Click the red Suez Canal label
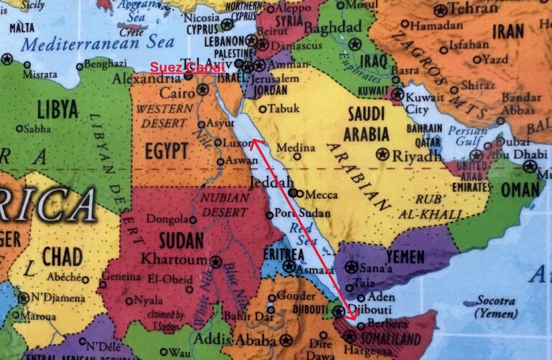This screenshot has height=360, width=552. [x=187, y=66]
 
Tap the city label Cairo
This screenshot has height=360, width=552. [x=178, y=92]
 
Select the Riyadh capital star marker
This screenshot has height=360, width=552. [x=382, y=154]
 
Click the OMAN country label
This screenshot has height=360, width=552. [x=519, y=190]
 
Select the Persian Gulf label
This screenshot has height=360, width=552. [x=468, y=136]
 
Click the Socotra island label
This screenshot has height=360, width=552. [x=494, y=302]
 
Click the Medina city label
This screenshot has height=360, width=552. [x=292, y=147]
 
